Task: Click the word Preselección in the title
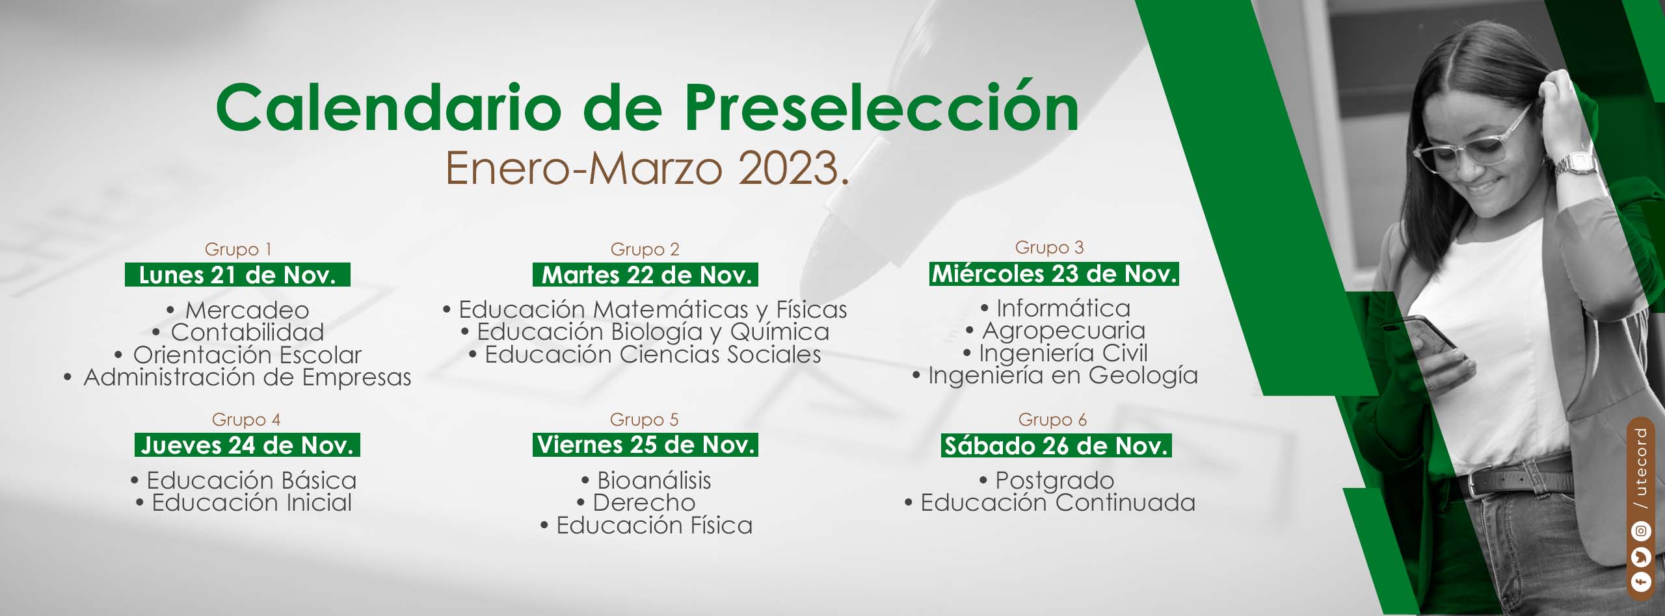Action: [x=881, y=108]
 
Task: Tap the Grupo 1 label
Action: [x=238, y=249]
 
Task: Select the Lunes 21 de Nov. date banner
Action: [x=237, y=275]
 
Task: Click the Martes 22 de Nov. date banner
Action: [x=645, y=275]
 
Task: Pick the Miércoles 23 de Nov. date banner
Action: [x=1054, y=274]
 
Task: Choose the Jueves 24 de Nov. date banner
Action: [x=247, y=445]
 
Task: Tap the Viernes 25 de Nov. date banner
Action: [x=645, y=445]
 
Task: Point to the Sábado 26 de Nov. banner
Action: [x=1056, y=446]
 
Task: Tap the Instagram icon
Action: [x=1641, y=532]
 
